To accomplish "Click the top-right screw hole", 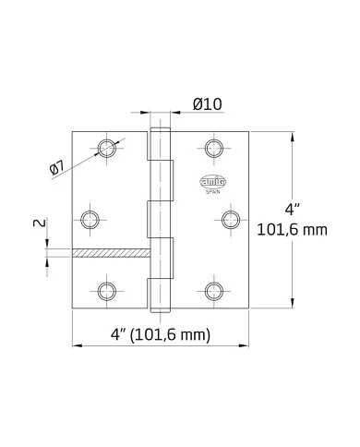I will click(x=215, y=148).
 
